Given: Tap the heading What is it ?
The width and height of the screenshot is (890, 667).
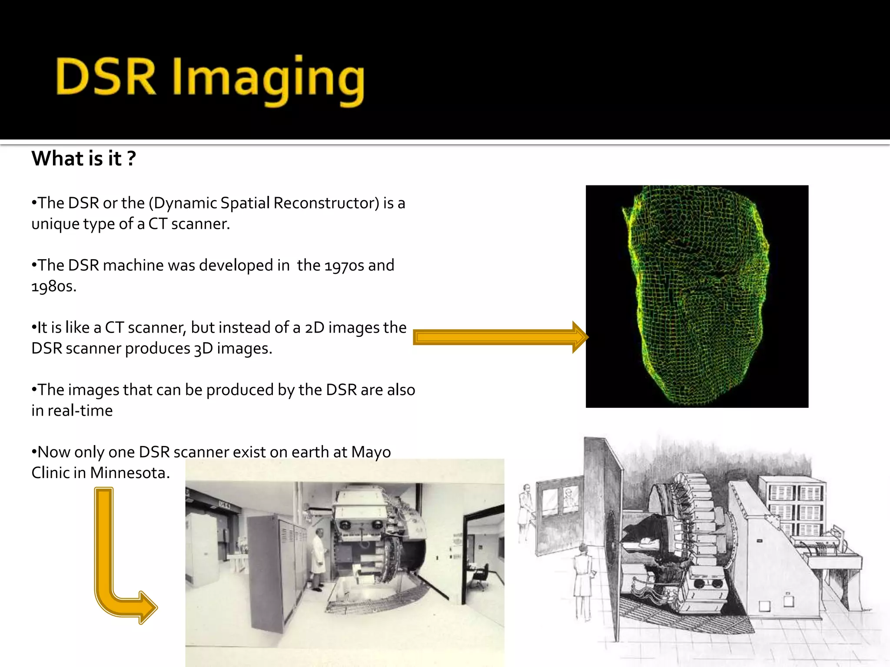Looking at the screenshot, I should tap(83, 158).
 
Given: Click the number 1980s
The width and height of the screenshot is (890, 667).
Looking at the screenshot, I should tap(53, 286).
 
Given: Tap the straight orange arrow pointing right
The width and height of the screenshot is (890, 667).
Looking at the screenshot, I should tap(500, 337).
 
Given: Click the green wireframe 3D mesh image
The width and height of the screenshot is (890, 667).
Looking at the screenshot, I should tap(697, 296).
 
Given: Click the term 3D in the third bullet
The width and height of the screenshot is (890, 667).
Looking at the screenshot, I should tap(203, 349).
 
